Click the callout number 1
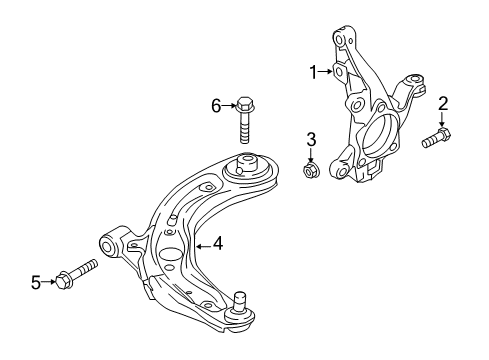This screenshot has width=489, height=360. [x=313, y=72]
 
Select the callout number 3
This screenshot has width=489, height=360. [x=311, y=137]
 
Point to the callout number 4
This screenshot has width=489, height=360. [x=216, y=241]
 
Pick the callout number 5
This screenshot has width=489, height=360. [x=36, y=283]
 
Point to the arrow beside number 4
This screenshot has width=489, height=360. [x=202, y=241]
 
